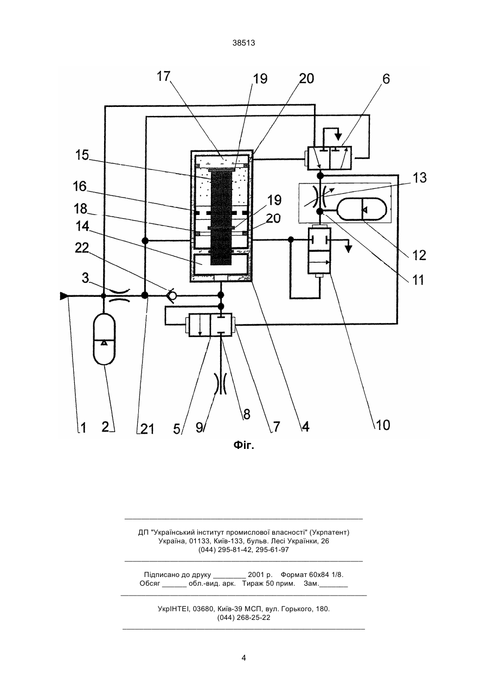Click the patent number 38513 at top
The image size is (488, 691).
(243, 43)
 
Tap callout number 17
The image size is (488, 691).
(164, 76)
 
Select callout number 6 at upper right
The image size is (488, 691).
(386, 79)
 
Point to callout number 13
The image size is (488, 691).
(419, 177)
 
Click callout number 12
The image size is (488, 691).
(419, 255)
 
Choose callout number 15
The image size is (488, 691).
(82, 155)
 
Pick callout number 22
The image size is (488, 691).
(82, 248)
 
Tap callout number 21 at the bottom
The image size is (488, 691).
(147, 429)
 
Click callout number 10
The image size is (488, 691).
(383, 425)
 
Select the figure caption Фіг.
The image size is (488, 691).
(243, 445)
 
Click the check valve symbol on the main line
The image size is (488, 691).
(171, 295)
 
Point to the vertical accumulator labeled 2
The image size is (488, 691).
(104, 339)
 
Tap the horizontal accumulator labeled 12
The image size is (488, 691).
(363, 209)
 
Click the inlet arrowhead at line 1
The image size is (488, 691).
(64, 296)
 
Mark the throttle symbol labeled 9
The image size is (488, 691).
(221, 383)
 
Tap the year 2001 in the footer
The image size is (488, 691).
(256, 575)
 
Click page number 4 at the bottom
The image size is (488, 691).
(243, 658)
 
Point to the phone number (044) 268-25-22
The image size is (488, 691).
(243, 618)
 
